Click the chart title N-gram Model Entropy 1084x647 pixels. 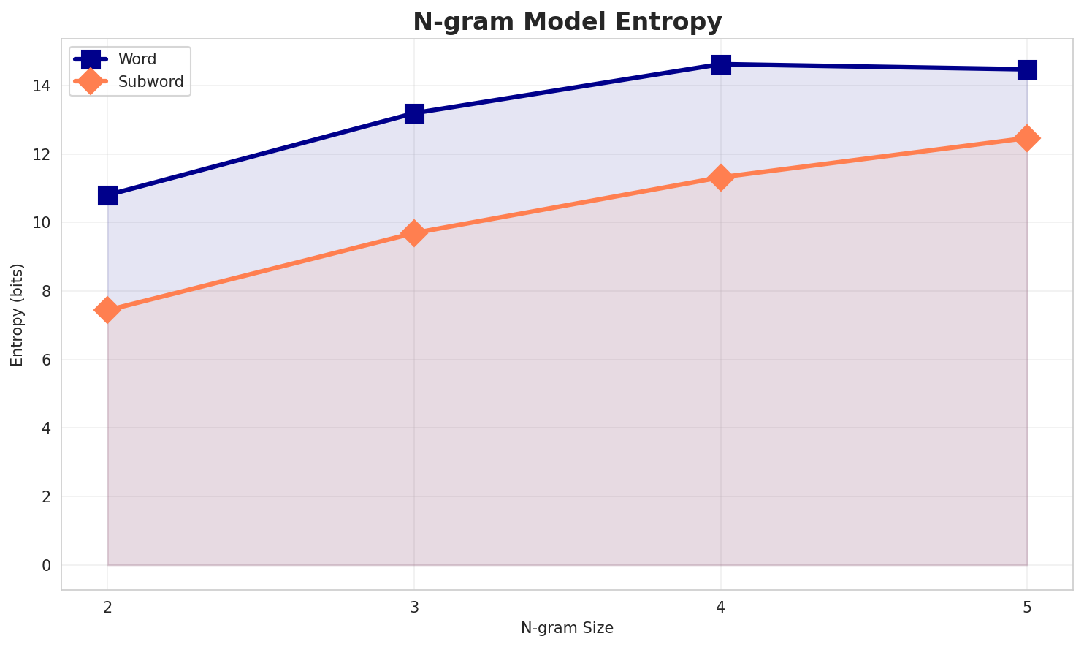pyautogui.click(x=567, y=22)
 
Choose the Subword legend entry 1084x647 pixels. pyautogui.click(x=150, y=82)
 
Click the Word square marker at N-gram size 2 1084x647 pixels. pyautogui.click(x=107, y=195)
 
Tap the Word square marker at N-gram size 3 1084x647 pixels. pyautogui.click(x=414, y=113)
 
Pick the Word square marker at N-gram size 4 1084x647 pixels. pyautogui.click(x=721, y=64)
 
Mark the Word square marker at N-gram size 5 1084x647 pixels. pyautogui.click(x=1027, y=69)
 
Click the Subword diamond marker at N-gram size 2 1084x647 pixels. pyautogui.click(x=107, y=310)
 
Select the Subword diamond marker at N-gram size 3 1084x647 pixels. pyautogui.click(x=414, y=233)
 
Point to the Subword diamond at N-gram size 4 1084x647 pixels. pyautogui.click(x=721, y=178)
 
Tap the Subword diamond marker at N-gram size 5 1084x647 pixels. pyautogui.click(x=1027, y=138)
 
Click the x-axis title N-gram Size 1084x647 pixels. pyautogui.click(x=567, y=628)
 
